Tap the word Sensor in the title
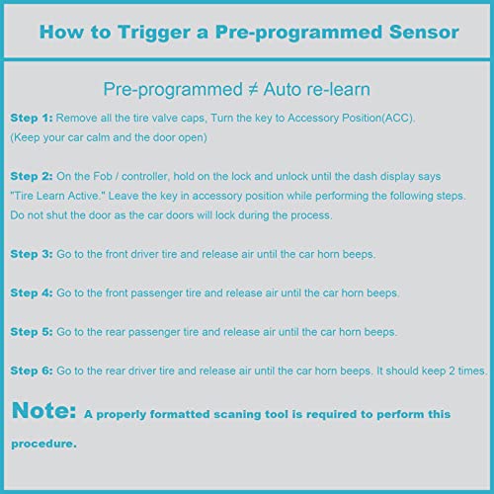(423, 33)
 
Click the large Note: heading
(43, 408)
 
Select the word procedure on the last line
(43, 444)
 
